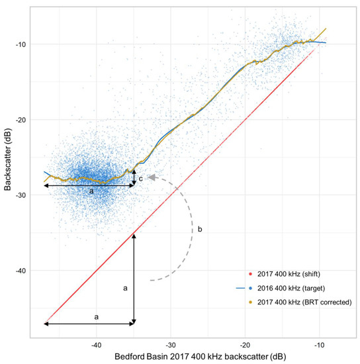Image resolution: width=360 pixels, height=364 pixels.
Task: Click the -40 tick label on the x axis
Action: (96, 344)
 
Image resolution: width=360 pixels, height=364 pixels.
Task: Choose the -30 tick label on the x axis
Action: (171, 344)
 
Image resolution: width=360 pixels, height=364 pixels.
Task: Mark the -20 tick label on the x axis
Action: (246, 344)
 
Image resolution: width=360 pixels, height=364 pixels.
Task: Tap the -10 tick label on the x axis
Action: (320, 344)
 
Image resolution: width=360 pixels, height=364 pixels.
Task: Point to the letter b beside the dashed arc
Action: (200, 230)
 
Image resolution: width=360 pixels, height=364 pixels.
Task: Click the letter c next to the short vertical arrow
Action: (140, 178)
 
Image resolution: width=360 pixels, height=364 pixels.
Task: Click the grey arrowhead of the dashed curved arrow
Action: (152, 177)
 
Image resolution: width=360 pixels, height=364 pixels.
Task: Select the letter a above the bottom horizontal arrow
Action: (97, 317)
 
